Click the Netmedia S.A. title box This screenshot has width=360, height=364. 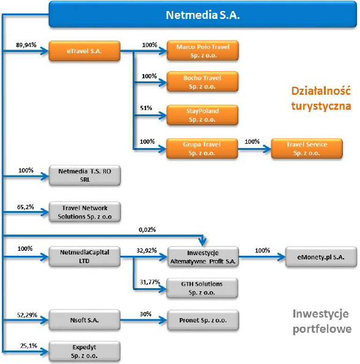(x=202, y=15)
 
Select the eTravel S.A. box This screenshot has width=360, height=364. (x=84, y=51)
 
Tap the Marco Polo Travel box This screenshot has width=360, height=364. (x=203, y=51)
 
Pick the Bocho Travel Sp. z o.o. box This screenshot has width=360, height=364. (x=202, y=82)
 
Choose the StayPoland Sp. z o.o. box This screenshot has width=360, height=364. (x=202, y=115)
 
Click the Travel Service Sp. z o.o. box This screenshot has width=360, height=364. (x=307, y=149)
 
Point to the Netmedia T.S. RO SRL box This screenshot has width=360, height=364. (x=85, y=175)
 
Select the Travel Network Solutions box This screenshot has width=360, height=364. (x=85, y=212)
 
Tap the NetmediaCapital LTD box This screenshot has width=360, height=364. (x=84, y=256)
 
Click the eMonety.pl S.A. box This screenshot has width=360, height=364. (x=321, y=257)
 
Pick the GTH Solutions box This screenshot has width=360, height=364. (x=202, y=288)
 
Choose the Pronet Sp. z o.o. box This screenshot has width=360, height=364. (x=203, y=320)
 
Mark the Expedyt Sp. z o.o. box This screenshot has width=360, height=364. (x=84, y=351)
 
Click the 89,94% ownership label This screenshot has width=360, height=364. (x=26, y=45)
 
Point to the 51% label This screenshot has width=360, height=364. (x=146, y=108)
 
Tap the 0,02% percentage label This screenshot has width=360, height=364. (x=147, y=230)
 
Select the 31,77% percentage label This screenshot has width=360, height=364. (x=150, y=282)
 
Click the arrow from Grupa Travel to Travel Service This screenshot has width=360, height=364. (x=254, y=149)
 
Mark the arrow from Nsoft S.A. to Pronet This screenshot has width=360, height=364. (x=144, y=320)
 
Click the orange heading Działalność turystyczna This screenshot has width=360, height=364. (x=321, y=98)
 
